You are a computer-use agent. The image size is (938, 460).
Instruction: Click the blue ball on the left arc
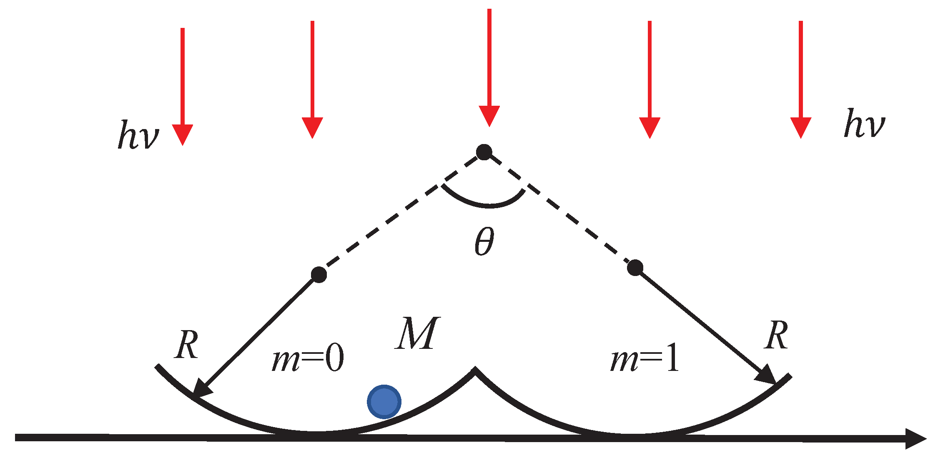pyautogui.click(x=384, y=402)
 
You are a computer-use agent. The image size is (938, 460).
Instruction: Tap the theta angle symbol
pyautogui.click(x=484, y=242)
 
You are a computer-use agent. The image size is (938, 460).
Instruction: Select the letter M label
pyautogui.click(x=417, y=333)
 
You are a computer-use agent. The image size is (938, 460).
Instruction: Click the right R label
pyautogui.click(x=776, y=335)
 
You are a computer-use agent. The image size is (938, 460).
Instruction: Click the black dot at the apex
pyautogui.click(x=484, y=152)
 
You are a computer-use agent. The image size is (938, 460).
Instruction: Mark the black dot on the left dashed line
pyautogui.click(x=319, y=275)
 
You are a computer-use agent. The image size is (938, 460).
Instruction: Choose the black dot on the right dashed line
pyautogui.click(x=635, y=268)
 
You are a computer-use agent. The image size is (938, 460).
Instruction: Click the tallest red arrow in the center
pyautogui.click(x=489, y=67)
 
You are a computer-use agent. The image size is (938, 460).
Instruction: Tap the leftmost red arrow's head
pyautogui.click(x=182, y=134)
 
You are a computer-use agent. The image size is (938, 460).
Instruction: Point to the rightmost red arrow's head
pyautogui.click(x=800, y=127)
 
